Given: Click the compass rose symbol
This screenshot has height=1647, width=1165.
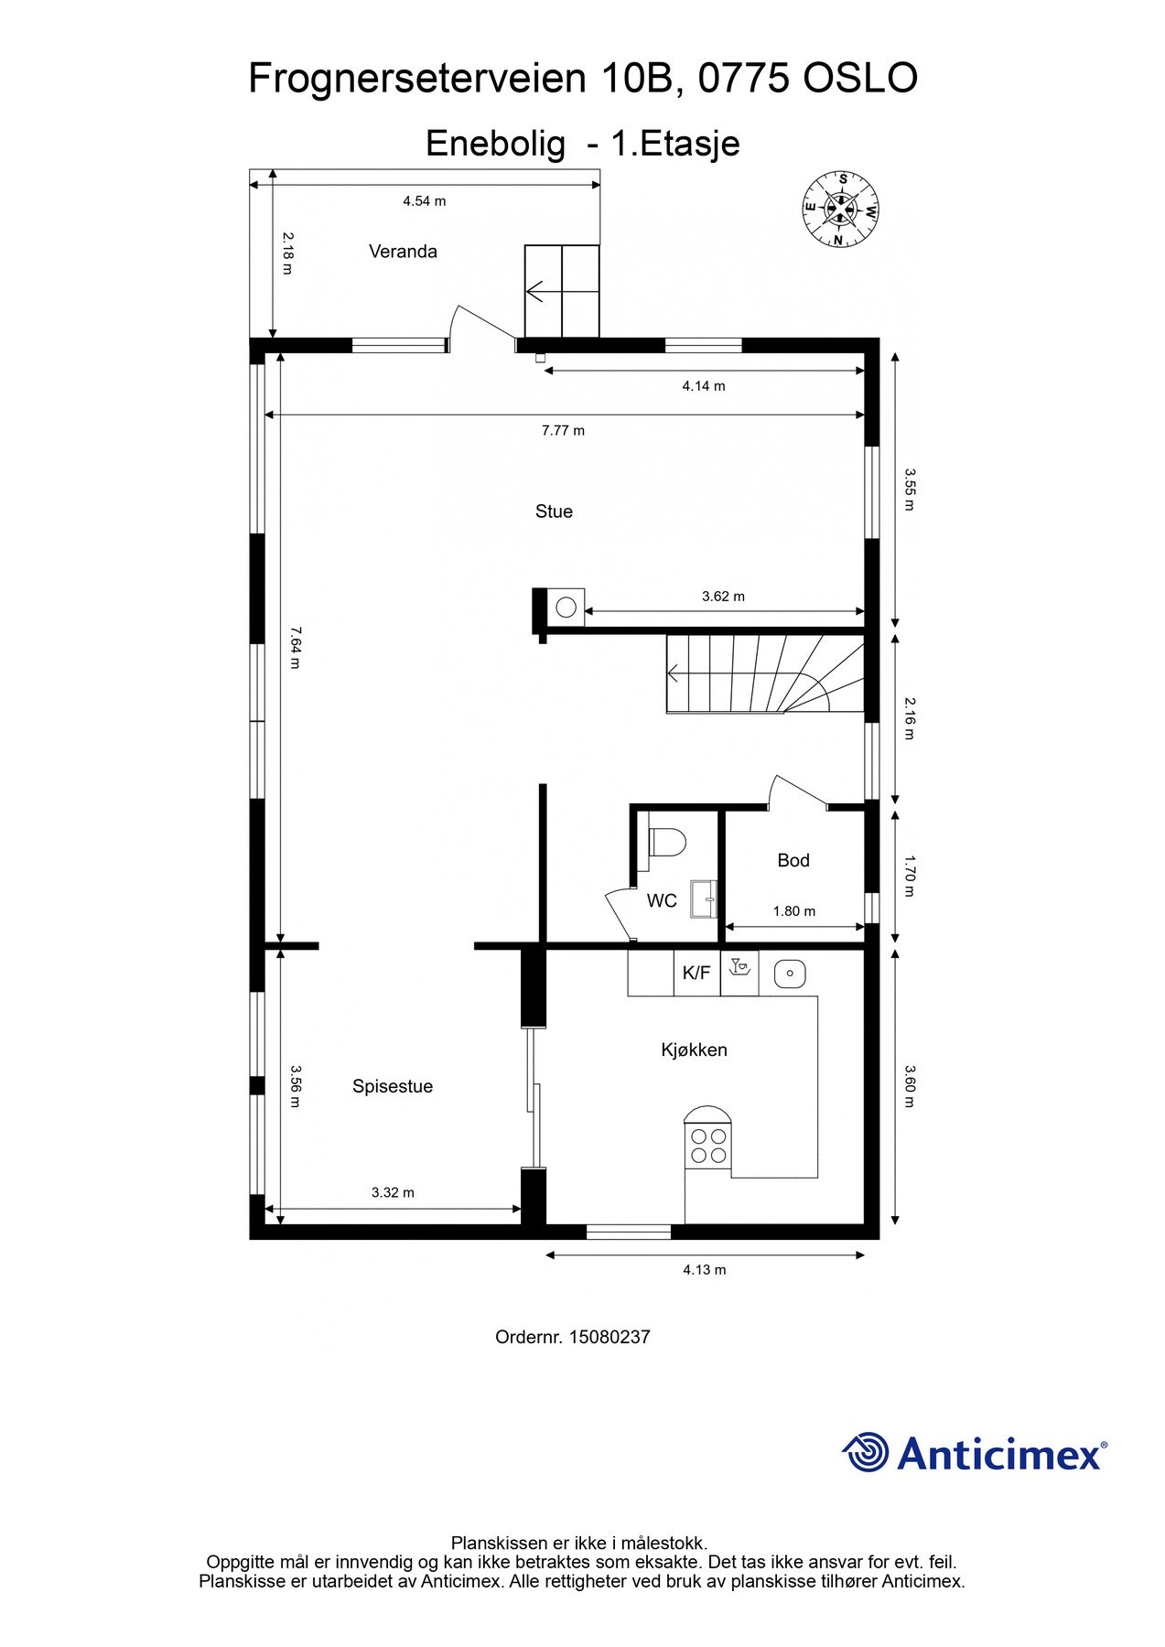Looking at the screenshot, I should (840, 210).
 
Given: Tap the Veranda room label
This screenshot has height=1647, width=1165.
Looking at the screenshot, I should (403, 252).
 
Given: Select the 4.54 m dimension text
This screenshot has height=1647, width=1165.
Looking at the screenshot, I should (424, 201).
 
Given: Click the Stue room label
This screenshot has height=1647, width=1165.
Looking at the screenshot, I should (554, 511).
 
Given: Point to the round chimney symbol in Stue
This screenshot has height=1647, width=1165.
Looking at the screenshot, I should (566, 607).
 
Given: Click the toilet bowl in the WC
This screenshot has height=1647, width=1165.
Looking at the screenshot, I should (668, 842).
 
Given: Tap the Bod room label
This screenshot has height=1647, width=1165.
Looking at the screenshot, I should (793, 860).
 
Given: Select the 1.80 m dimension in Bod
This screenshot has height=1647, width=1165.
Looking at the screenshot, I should (793, 911).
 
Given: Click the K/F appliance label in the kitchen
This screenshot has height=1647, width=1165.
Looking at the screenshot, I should (696, 973).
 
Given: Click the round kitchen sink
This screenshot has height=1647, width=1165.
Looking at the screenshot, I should (789, 974).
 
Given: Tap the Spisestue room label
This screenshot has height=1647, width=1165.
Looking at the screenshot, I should (393, 1087).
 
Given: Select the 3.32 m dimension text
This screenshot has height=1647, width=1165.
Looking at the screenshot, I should (393, 1192).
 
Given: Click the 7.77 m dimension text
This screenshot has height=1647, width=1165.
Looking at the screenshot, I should (563, 430).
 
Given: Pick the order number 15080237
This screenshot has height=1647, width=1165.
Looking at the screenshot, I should (609, 1337).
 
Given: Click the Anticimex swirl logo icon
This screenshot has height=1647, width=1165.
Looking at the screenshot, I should (866, 1453).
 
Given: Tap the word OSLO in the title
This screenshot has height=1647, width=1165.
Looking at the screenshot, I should (860, 79).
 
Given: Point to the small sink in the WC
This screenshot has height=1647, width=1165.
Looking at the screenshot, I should (704, 898).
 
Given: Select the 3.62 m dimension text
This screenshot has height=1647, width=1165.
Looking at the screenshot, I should (723, 597).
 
